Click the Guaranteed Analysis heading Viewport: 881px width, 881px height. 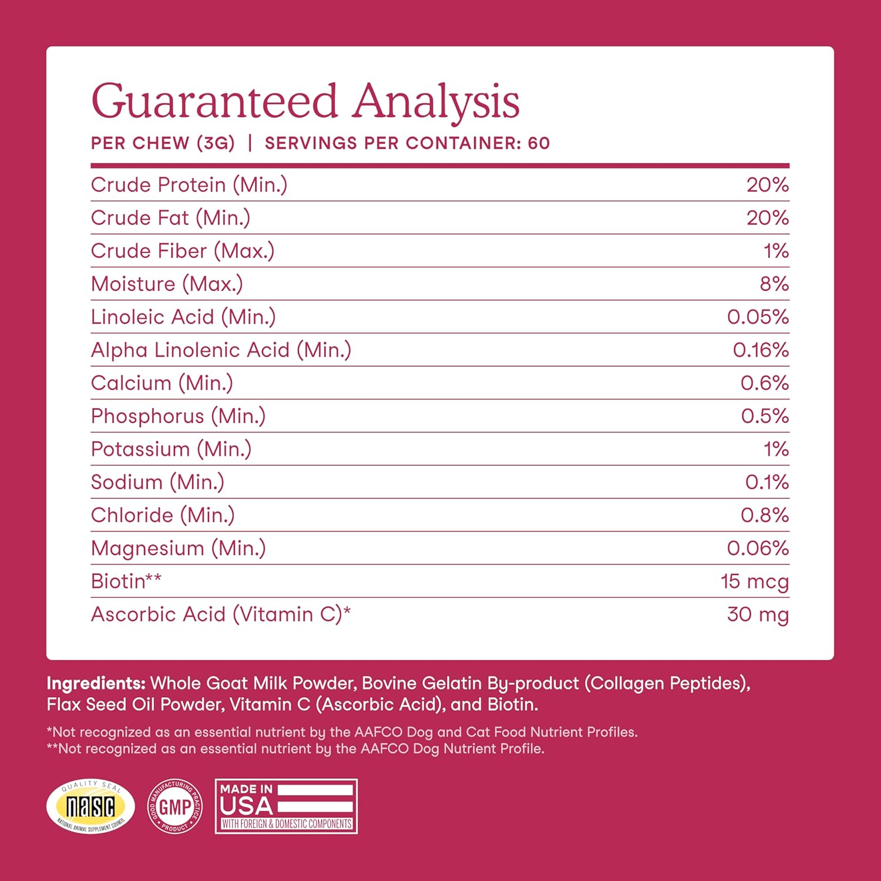(x=305, y=102)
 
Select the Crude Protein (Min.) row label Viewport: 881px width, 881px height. (x=189, y=185)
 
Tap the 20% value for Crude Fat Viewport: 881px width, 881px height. (x=767, y=218)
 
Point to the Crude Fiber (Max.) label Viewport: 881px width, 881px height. (x=182, y=251)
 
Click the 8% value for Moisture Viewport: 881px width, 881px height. (x=774, y=284)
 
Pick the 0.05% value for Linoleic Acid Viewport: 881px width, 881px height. (x=758, y=317)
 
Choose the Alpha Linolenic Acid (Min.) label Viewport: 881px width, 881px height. (x=221, y=350)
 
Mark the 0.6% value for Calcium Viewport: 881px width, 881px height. (x=764, y=383)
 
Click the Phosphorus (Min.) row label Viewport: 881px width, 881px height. (x=178, y=416)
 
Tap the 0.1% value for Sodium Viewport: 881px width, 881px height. (x=766, y=482)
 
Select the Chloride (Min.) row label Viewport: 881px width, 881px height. (x=163, y=515)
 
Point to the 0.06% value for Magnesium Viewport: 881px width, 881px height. (x=758, y=548)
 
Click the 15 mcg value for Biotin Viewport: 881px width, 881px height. (x=754, y=581)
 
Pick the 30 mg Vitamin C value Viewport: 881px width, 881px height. (x=758, y=614)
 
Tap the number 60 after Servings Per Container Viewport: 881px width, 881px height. (x=539, y=143)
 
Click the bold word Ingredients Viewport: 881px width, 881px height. (x=96, y=683)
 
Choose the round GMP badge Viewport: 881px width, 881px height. (x=175, y=806)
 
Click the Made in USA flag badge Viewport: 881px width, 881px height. (x=286, y=806)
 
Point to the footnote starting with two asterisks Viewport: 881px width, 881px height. (x=295, y=749)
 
